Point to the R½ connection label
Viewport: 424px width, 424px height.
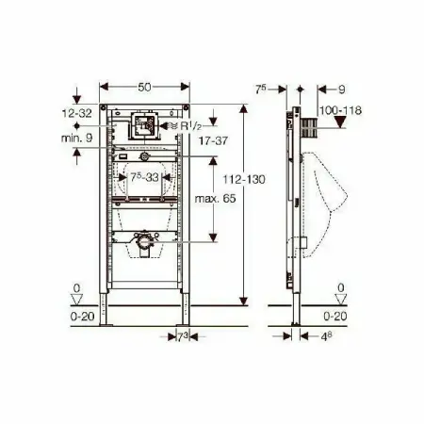click(x=188, y=122)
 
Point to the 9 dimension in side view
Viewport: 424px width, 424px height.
click(x=340, y=90)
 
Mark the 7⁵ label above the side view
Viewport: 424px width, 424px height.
click(x=269, y=90)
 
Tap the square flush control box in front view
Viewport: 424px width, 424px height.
click(x=145, y=124)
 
